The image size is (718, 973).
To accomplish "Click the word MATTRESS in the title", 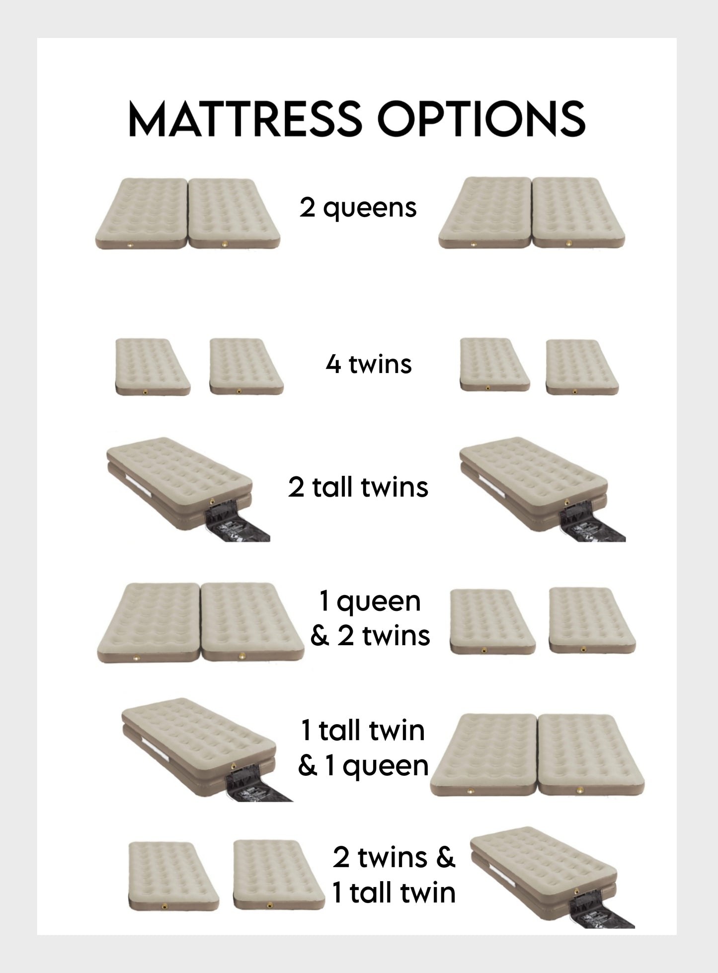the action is click(x=243, y=119).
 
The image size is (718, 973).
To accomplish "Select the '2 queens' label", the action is click(x=358, y=209).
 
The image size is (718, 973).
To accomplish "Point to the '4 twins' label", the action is click(x=369, y=364).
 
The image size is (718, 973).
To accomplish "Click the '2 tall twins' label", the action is click(x=358, y=487).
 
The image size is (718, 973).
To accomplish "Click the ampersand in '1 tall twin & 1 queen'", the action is click(x=307, y=765).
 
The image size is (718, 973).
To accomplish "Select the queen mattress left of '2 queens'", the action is click(x=187, y=214).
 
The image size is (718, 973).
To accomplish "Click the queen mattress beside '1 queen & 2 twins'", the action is click(x=200, y=622).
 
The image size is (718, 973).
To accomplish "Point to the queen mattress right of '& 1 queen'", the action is click(x=537, y=755).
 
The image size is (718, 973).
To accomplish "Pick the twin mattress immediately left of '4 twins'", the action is click(x=246, y=367).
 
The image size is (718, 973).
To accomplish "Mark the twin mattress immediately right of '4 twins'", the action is click(x=495, y=365).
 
